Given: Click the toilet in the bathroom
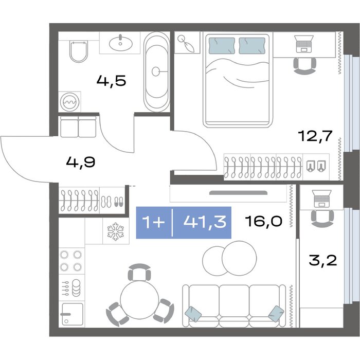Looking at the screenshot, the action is click(x=79, y=52).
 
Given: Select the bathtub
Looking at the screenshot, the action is click(x=157, y=71).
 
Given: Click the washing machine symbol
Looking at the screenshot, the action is click(x=69, y=102).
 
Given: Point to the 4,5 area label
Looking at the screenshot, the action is click(x=112, y=81).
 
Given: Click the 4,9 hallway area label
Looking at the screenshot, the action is click(x=81, y=163).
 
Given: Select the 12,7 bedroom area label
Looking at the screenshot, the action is click(x=315, y=136).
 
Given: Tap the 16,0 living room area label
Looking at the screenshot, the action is click(x=263, y=221).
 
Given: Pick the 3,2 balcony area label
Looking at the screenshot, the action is click(x=323, y=261).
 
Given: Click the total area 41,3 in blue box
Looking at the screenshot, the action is click(x=205, y=222).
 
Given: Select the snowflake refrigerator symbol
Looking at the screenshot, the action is click(x=116, y=231).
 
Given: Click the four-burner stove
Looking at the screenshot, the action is click(x=71, y=261).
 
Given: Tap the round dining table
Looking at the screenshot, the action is click(x=139, y=300).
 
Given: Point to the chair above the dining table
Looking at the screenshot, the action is click(x=139, y=272).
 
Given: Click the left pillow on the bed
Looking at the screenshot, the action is click(x=222, y=46).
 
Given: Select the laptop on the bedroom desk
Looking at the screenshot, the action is click(x=304, y=44).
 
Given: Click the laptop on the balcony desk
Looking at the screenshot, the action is click(x=322, y=199).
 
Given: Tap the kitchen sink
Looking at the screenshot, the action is click(x=72, y=314).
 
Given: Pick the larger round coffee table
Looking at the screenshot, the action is click(x=239, y=258).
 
